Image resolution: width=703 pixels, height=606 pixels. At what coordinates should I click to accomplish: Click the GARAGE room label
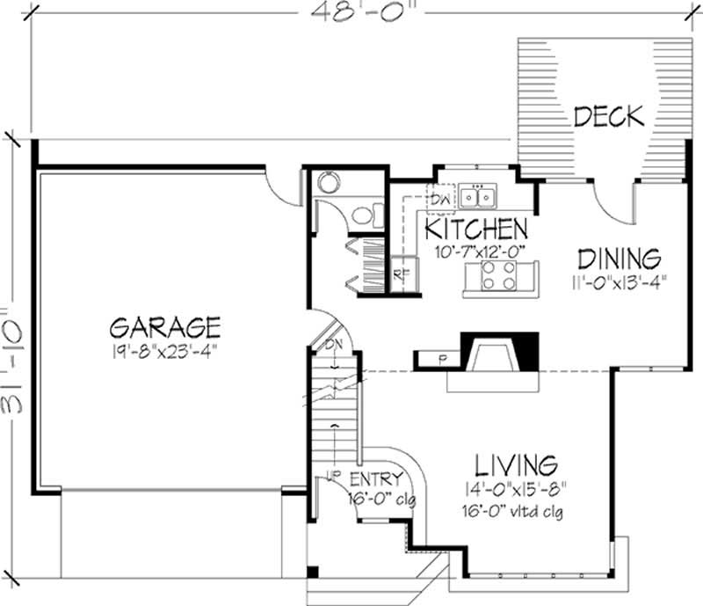(164, 328)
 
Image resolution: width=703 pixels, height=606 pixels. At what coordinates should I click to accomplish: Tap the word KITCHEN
(476, 230)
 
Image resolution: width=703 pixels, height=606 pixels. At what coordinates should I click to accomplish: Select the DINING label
(618, 259)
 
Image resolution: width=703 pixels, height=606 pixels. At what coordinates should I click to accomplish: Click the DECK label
(609, 116)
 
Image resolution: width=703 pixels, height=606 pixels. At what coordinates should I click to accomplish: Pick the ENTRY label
(376, 479)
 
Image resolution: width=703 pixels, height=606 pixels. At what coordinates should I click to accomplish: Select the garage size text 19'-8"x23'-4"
(164, 351)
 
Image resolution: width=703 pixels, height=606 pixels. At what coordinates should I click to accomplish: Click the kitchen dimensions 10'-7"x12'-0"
(480, 251)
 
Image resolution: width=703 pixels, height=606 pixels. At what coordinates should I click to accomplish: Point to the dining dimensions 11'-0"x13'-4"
(617, 283)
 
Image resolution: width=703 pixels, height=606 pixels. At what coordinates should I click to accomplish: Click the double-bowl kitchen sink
(479, 195)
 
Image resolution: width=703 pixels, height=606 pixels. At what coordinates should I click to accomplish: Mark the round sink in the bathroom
(328, 183)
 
